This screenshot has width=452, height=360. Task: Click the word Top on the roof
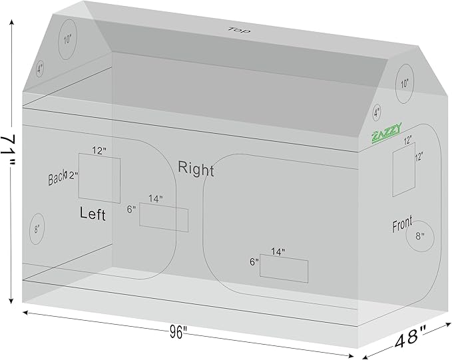pos(235,30)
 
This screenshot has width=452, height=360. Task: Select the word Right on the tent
pos(196,169)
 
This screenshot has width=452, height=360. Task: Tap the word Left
pos(93,214)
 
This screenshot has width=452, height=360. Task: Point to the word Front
pos(402,224)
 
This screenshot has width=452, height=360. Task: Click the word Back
pos(57,178)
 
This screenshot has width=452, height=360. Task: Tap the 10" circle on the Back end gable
pos(67,39)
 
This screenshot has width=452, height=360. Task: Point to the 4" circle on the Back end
pos(40,68)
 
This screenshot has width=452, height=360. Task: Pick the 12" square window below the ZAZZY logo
pos(404,171)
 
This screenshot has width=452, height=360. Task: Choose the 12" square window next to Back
pos(99,178)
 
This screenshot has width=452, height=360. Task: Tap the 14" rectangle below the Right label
pos(284,268)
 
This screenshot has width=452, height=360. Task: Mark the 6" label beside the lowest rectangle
pos(254,262)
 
